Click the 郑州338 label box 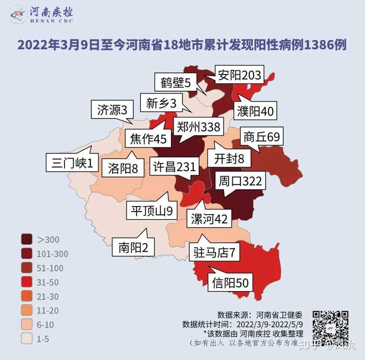click(x=199, y=127)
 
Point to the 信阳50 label click(x=231, y=283)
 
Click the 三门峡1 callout click(x=72, y=164)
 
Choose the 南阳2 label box click(x=133, y=248)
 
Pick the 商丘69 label click(x=261, y=137)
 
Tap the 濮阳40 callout click(x=256, y=111)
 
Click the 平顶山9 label click(x=152, y=211)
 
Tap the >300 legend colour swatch click(x=27, y=239)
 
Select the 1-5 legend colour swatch click(x=27, y=339)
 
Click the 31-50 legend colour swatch click(x=27, y=282)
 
